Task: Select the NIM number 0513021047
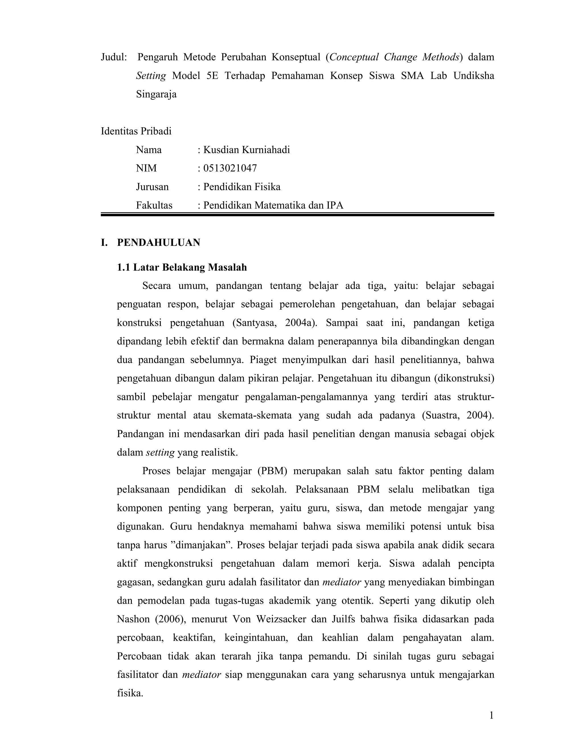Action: click(230, 168)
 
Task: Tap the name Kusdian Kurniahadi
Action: click(247, 150)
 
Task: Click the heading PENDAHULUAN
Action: click(159, 243)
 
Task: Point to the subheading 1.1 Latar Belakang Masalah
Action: click(182, 267)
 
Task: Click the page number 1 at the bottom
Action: click(491, 716)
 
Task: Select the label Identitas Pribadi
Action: click(136, 131)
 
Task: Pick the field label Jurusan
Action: click(152, 187)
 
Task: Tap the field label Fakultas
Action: click(154, 205)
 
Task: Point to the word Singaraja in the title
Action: click(156, 94)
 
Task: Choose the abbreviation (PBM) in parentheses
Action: click(272, 471)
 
